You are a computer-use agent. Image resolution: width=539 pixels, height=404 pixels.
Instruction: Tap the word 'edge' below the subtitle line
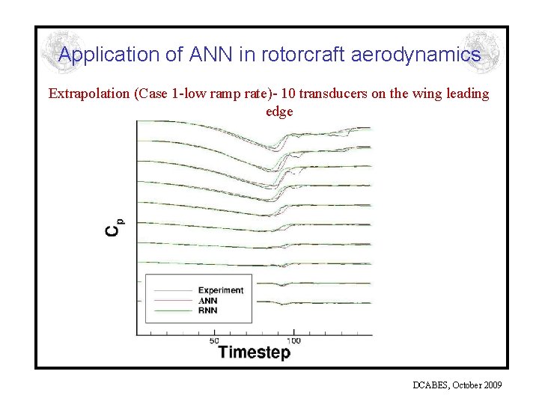point(278,111)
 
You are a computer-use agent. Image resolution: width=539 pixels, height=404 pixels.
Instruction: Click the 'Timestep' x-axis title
point(254,352)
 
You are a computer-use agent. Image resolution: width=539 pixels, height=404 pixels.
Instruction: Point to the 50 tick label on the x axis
point(215,339)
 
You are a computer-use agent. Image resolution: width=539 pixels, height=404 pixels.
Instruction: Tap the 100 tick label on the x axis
point(293,339)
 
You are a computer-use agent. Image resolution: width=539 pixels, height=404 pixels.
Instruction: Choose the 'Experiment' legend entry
point(220,290)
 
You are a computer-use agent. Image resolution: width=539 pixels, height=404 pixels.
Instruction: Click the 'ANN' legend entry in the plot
point(209,300)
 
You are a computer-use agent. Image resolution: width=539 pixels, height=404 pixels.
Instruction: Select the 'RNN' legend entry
point(209,310)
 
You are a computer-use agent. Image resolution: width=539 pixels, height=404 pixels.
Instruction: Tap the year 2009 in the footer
point(493,385)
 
